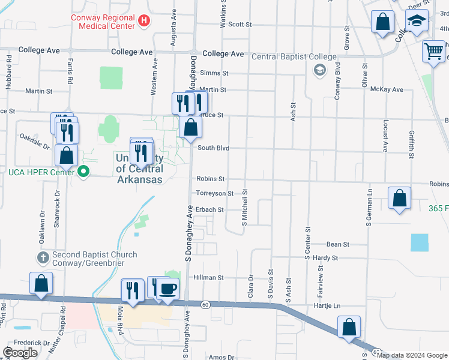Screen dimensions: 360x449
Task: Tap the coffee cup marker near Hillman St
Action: coord(167,290)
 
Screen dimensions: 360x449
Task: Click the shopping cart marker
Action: coord(433,52)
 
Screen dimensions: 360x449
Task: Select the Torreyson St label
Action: coord(214,193)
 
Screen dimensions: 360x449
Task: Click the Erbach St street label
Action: coord(210,209)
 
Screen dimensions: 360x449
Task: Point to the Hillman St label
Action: coord(208,278)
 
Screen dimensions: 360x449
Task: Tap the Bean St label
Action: coord(338,244)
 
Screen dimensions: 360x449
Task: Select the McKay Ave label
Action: coord(387,89)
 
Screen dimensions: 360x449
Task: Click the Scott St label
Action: coord(240,25)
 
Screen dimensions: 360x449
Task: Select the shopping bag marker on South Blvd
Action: coord(190,127)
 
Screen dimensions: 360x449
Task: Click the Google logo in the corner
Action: coord(20,353)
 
